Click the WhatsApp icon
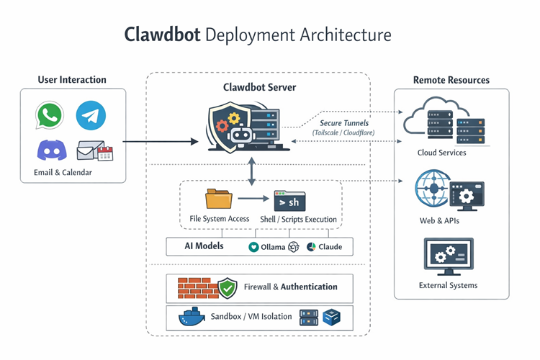[49, 115]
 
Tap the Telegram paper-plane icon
[91, 115]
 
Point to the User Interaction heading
[72, 80]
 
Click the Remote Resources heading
[451, 80]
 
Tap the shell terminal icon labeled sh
[289, 201]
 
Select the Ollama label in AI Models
[272, 247]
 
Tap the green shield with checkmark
[228, 288]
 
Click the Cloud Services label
[441, 153]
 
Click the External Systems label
[448, 285]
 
